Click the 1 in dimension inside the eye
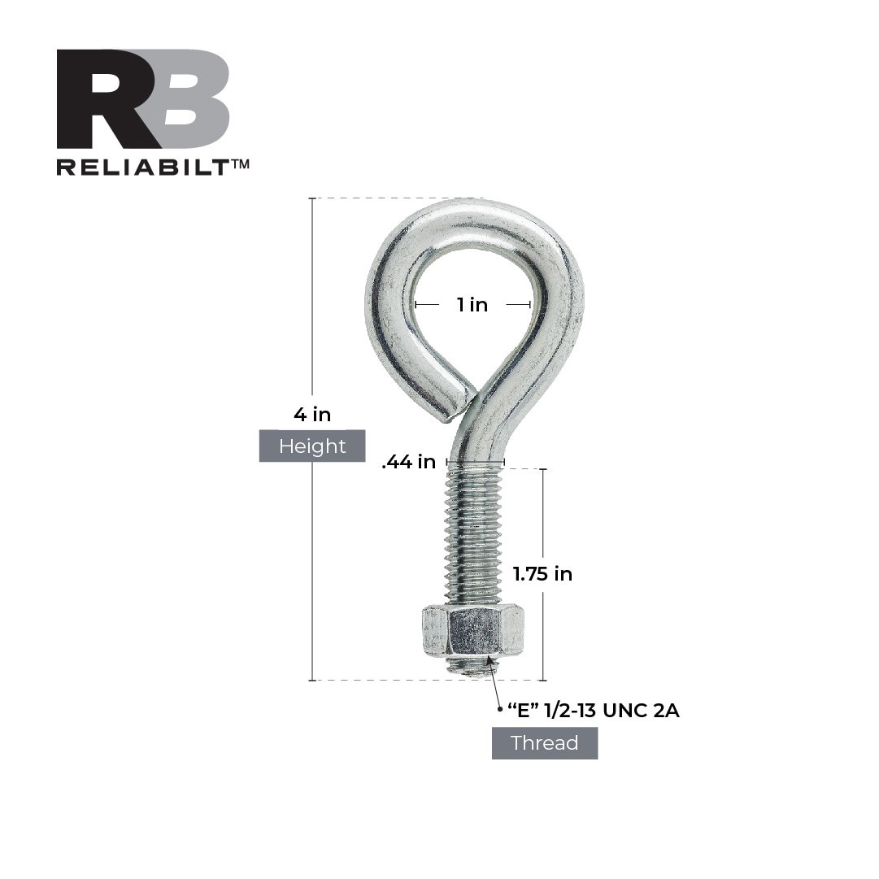pyautogui.click(x=472, y=305)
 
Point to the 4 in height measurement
pyautogui.click(x=312, y=415)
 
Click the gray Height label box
pyautogui.click(x=312, y=446)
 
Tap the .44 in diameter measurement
pyautogui.click(x=409, y=462)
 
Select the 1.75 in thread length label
pyautogui.click(x=542, y=574)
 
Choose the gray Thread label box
pyautogui.click(x=545, y=743)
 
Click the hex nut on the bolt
pyautogui.click(x=472, y=632)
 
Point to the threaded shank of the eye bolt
pyautogui.click(x=473, y=537)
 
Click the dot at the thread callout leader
pyautogui.click(x=499, y=710)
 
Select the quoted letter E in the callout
pyautogui.click(x=524, y=711)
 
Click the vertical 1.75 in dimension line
pyautogui.click(x=543, y=520)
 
